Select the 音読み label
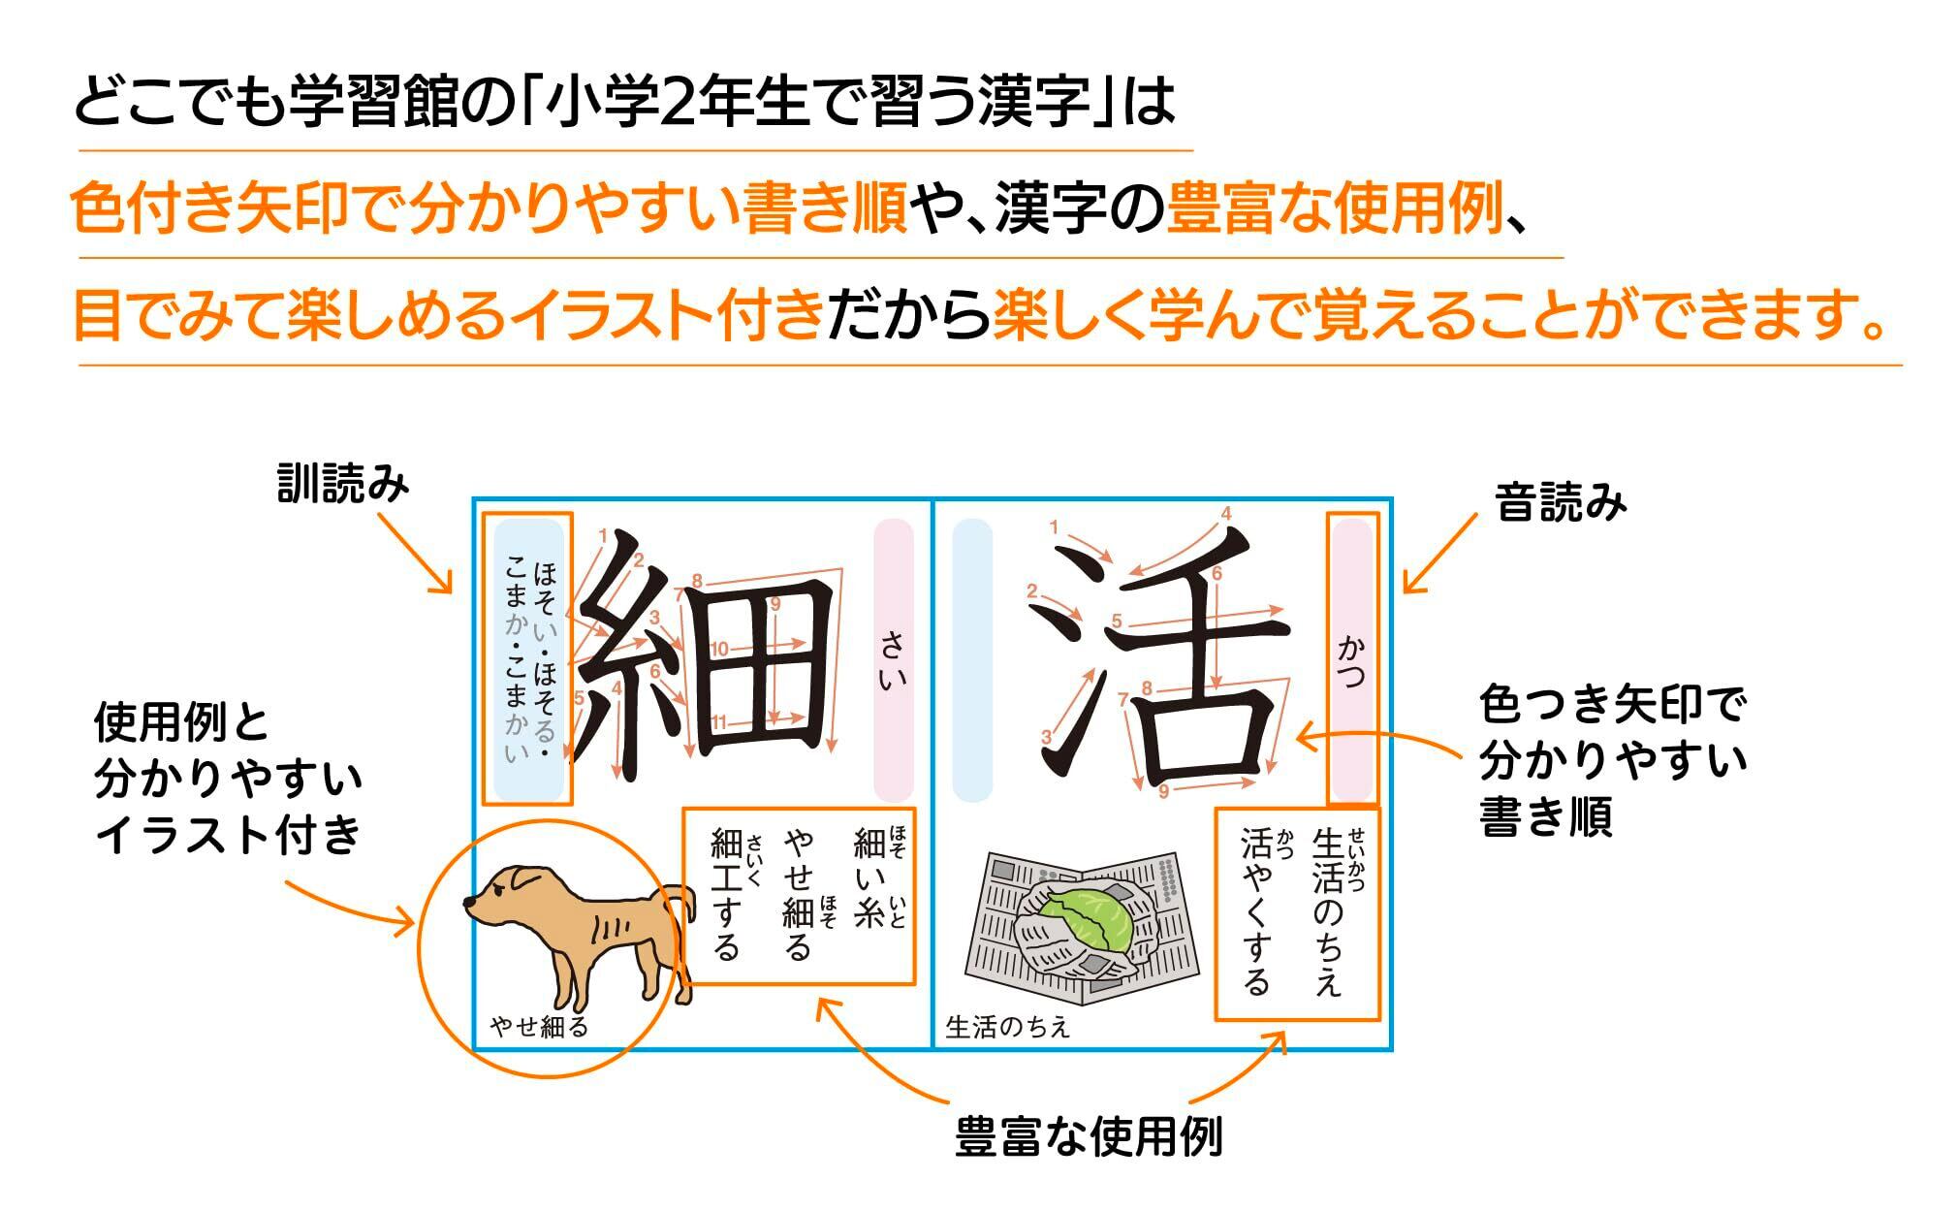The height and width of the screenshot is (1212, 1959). pyautogui.click(x=1561, y=503)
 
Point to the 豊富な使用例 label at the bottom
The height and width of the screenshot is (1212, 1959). pyautogui.click(x=1088, y=1136)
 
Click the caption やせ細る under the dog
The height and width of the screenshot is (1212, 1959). pyautogui.click(x=540, y=1027)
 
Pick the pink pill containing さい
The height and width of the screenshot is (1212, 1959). pyautogui.click(x=893, y=659)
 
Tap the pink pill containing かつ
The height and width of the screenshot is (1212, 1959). pyautogui.click(x=1351, y=659)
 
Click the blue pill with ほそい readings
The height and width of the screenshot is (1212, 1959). pyautogui.click(x=528, y=659)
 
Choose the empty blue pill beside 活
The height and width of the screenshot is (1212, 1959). pyautogui.click(x=972, y=659)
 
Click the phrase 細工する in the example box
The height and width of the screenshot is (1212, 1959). pyautogui.click(x=727, y=892)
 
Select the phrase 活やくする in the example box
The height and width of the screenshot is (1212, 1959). pyautogui.click(x=1256, y=911)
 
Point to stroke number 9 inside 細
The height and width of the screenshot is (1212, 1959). pyautogui.click(x=774, y=605)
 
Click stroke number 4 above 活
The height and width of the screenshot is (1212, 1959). pyautogui.click(x=1226, y=514)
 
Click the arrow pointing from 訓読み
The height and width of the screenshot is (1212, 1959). pyautogui.click(x=414, y=553)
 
